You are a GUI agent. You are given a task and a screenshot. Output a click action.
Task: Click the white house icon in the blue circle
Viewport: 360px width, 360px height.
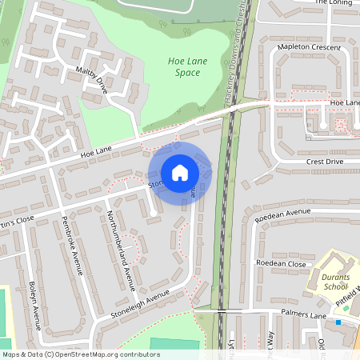(x=179, y=172)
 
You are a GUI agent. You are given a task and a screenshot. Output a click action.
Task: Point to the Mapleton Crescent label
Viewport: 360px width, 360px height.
(x=308, y=48)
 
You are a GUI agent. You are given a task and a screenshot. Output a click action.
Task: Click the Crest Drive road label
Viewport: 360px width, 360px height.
(x=325, y=162)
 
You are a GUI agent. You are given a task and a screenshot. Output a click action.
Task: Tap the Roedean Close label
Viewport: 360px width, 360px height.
(x=281, y=263)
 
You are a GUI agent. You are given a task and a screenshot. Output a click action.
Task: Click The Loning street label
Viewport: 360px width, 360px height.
(x=333, y=2)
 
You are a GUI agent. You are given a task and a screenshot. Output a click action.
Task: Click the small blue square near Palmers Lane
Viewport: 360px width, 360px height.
(x=338, y=322)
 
